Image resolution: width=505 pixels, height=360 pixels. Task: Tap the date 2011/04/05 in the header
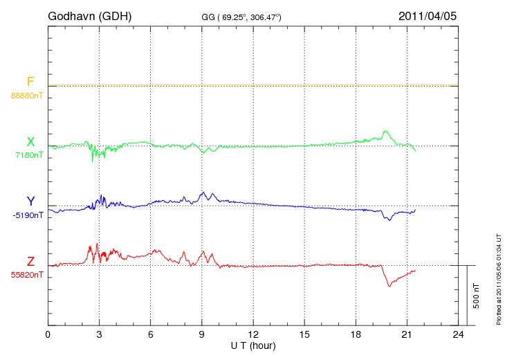428,15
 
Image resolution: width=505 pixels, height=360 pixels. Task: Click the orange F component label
30,82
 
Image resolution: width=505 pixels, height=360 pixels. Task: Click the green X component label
30,142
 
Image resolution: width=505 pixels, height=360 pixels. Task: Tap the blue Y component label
30,201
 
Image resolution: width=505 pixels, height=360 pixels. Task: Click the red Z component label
30,262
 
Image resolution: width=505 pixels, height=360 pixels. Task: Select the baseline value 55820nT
26,275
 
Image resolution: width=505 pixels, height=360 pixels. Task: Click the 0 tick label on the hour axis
48,334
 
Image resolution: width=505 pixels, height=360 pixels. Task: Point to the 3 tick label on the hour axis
99,334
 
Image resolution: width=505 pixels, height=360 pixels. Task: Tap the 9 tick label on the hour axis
202,334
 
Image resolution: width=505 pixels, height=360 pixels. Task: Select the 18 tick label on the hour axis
356,334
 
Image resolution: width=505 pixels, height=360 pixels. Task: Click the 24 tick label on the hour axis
458,334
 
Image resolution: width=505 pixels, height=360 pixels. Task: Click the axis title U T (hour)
253,345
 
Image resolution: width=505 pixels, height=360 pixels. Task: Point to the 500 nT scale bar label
477,296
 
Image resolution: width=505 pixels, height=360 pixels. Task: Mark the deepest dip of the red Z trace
389,286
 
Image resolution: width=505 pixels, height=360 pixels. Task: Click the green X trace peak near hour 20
385,131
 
